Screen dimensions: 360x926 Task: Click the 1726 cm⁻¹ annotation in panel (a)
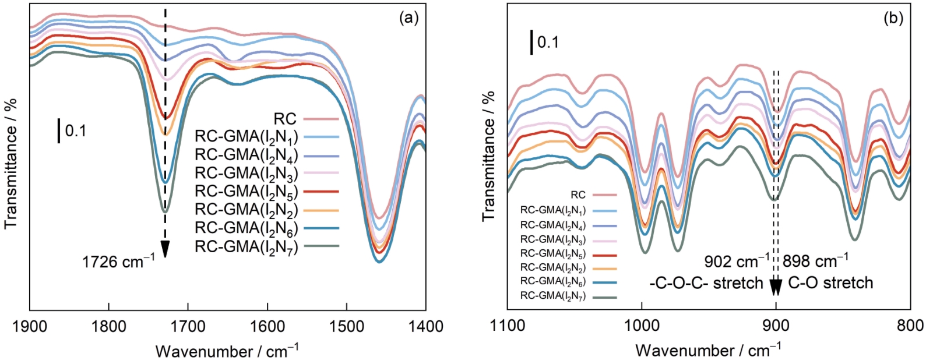[x=118, y=262]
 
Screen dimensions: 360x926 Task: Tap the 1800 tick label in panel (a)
[x=108, y=326]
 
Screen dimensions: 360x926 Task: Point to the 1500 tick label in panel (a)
[x=346, y=326]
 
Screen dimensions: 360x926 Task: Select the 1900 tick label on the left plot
[x=29, y=326]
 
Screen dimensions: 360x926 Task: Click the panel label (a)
[x=409, y=18]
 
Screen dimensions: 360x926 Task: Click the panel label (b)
[x=893, y=18]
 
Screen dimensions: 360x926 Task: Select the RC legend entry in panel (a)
[x=285, y=119]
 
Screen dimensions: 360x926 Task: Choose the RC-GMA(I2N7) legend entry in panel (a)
[x=246, y=247]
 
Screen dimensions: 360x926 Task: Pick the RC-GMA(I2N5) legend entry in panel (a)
[x=246, y=192]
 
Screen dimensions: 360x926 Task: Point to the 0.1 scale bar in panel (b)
[x=531, y=43]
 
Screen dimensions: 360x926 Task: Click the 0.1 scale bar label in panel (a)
[x=75, y=131]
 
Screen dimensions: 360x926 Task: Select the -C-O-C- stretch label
[x=706, y=283]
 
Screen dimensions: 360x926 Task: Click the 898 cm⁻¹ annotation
[x=815, y=260]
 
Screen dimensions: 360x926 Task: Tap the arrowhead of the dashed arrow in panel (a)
[x=166, y=249]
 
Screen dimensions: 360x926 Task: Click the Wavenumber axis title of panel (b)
[x=709, y=351]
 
